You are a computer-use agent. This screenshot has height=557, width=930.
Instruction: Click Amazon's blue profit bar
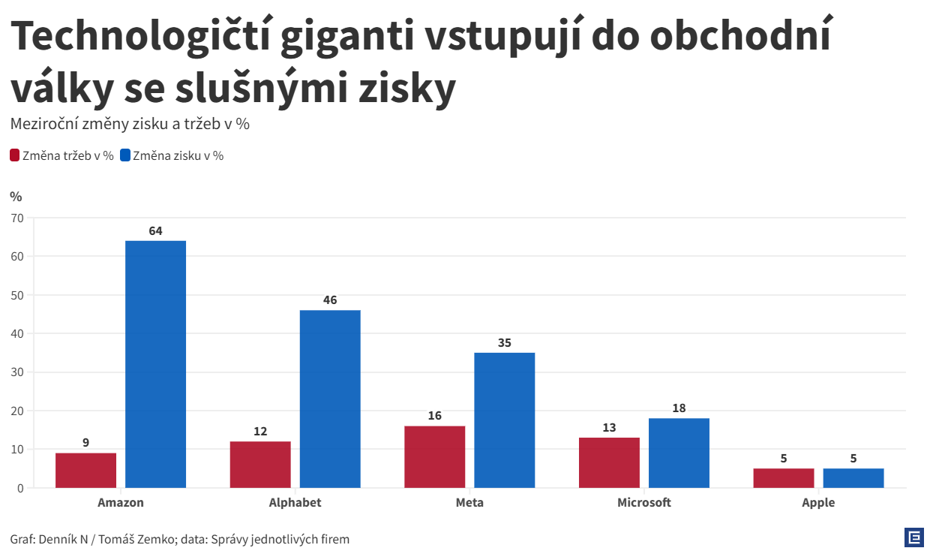[155, 364]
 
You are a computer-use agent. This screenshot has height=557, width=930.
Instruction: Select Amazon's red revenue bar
[85, 471]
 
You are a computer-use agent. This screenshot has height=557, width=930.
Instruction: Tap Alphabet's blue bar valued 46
[330, 399]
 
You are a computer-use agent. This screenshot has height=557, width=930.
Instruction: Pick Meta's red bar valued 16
[434, 457]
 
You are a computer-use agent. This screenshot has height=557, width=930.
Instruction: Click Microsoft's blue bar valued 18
[679, 453]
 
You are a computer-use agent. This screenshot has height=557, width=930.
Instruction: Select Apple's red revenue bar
[784, 478]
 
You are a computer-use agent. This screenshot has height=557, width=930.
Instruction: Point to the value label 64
[155, 231]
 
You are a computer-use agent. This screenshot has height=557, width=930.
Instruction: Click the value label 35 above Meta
[504, 343]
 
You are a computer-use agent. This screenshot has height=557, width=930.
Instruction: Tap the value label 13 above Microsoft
[609, 428]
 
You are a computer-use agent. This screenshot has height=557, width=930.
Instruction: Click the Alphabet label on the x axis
[295, 503]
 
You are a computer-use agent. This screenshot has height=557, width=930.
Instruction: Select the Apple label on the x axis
[818, 503]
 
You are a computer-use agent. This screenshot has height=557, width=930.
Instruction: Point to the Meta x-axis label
[469, 503]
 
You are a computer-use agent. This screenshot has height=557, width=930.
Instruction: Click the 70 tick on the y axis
[17, 218]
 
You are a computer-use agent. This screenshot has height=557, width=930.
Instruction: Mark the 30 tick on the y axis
[17, 372]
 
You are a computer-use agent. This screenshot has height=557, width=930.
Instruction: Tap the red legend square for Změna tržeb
[14, 156]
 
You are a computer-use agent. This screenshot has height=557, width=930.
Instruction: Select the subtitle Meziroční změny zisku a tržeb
[130, 124]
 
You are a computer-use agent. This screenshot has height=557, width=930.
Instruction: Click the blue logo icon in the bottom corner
[913, 537]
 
